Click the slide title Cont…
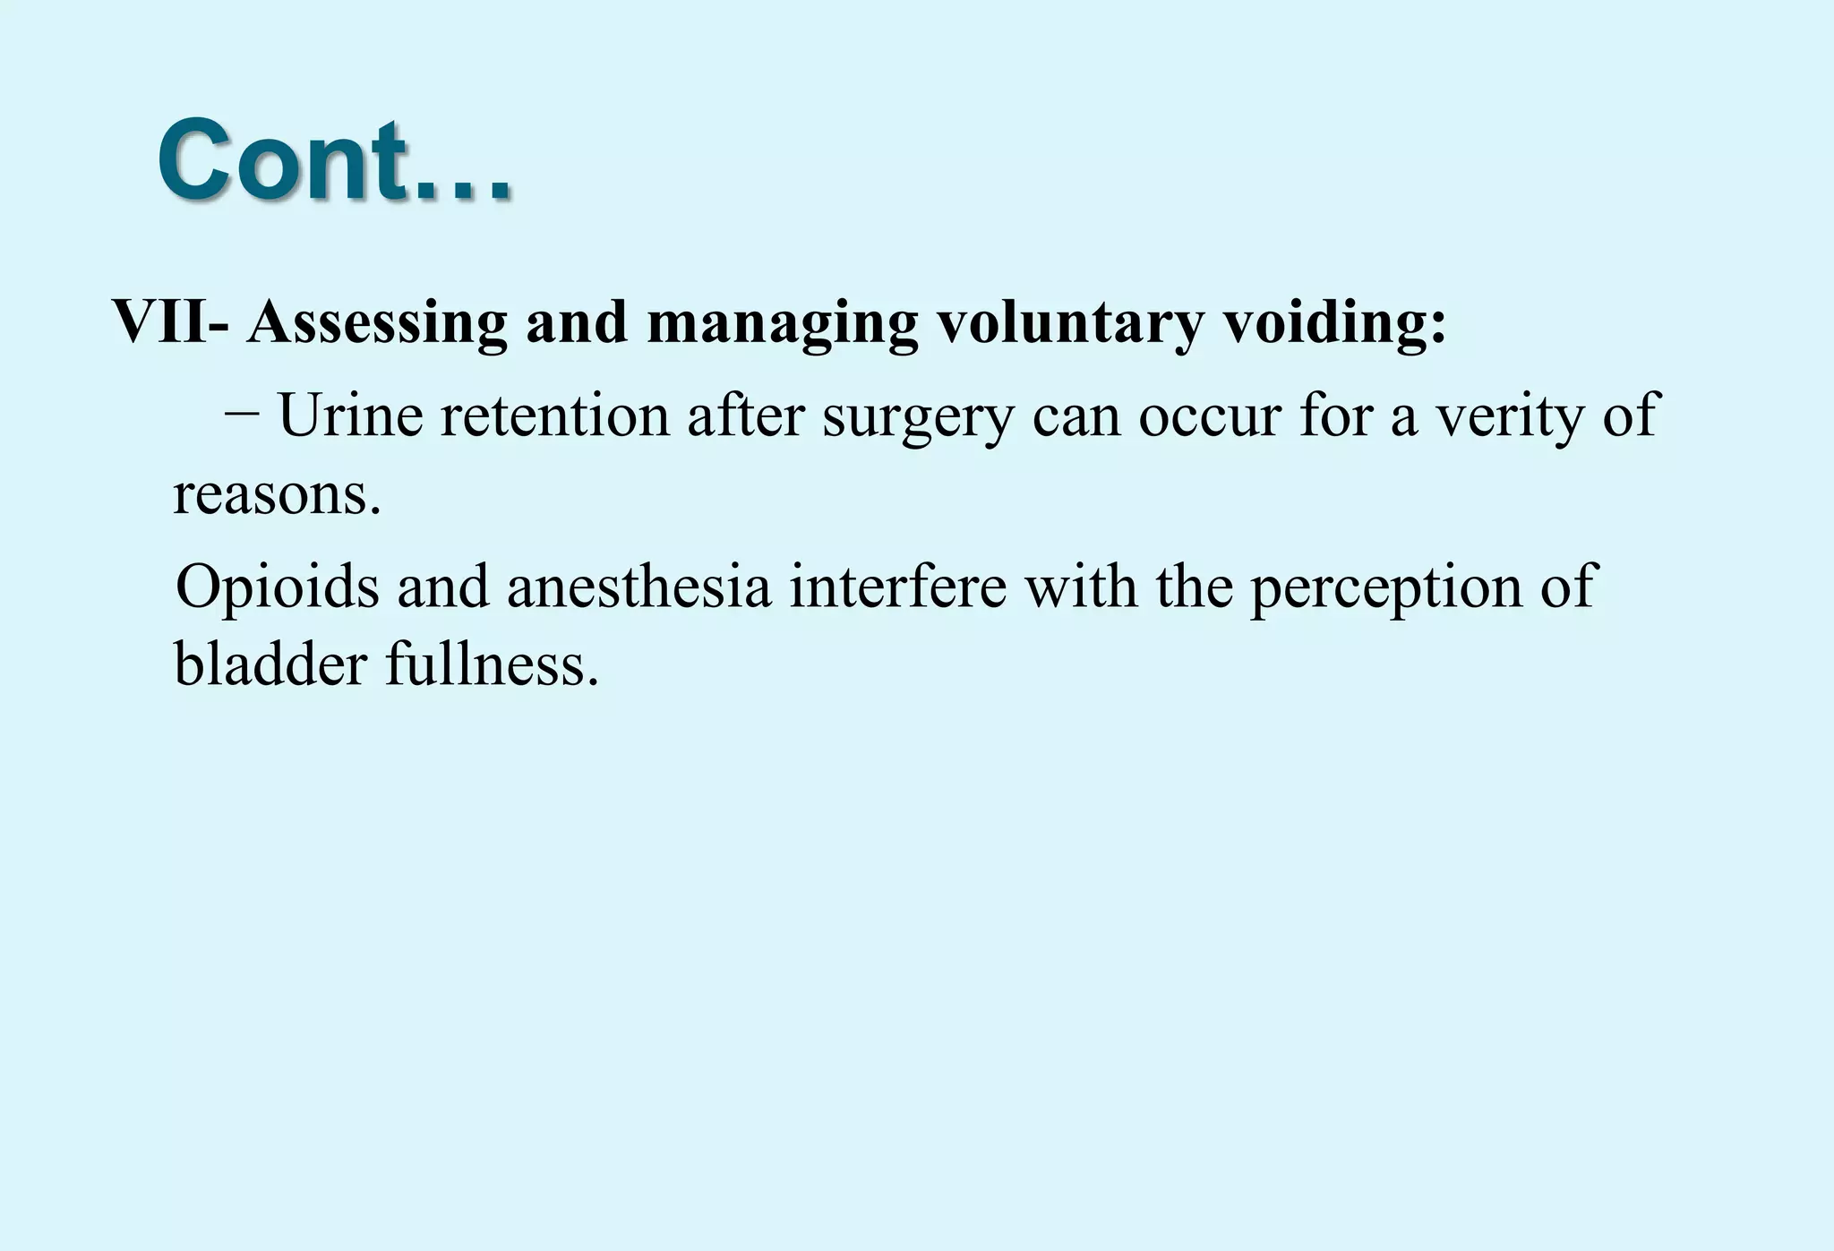334,160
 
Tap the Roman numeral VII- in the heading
170,321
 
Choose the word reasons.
277,494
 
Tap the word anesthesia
638,587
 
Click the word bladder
270,665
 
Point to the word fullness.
492,665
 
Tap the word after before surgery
745,416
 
